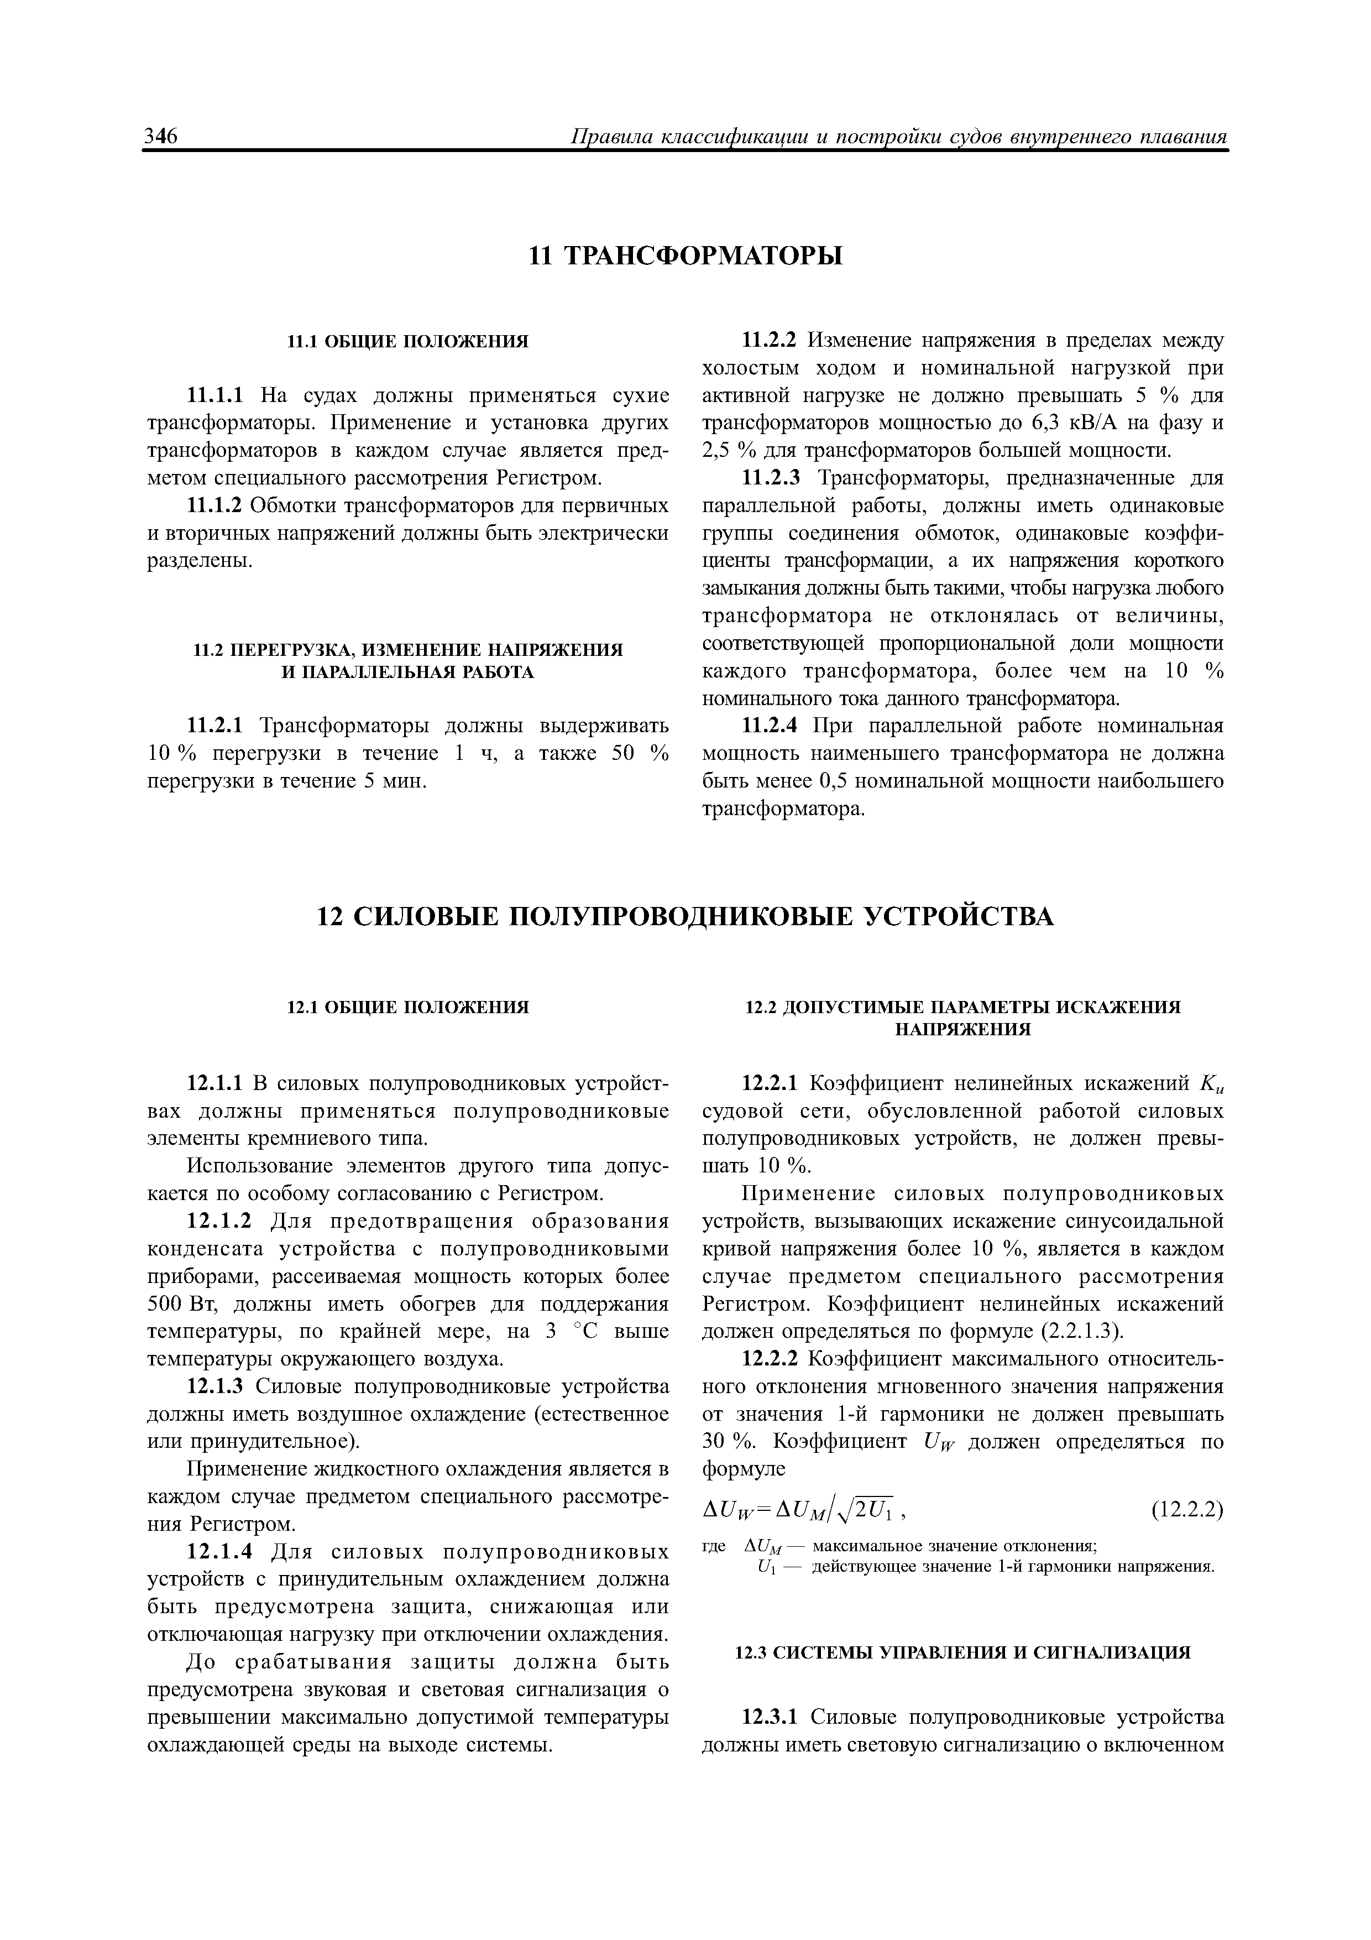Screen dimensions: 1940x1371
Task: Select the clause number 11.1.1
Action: [x=214, y=395]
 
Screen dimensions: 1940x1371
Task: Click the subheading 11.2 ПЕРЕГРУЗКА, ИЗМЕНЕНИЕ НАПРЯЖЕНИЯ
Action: [x=408, y=650]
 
